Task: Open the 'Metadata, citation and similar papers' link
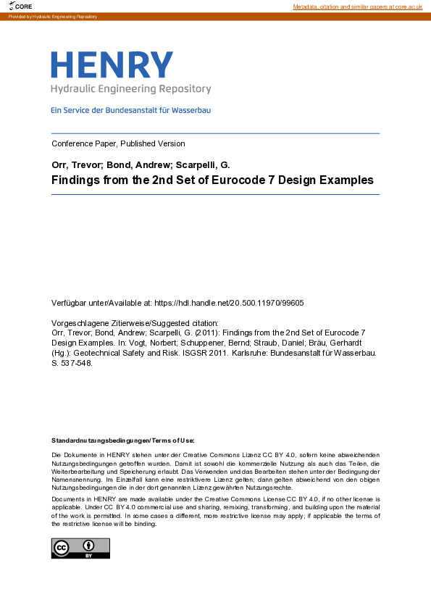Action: click(357, 6)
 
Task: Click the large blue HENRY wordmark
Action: click(112, 65)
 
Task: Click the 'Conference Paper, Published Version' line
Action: click(118, 143)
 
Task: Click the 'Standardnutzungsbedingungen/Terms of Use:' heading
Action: click(123, 440)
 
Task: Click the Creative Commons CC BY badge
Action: click(80, 548)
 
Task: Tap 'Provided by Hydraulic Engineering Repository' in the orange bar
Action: click(52, 16)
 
